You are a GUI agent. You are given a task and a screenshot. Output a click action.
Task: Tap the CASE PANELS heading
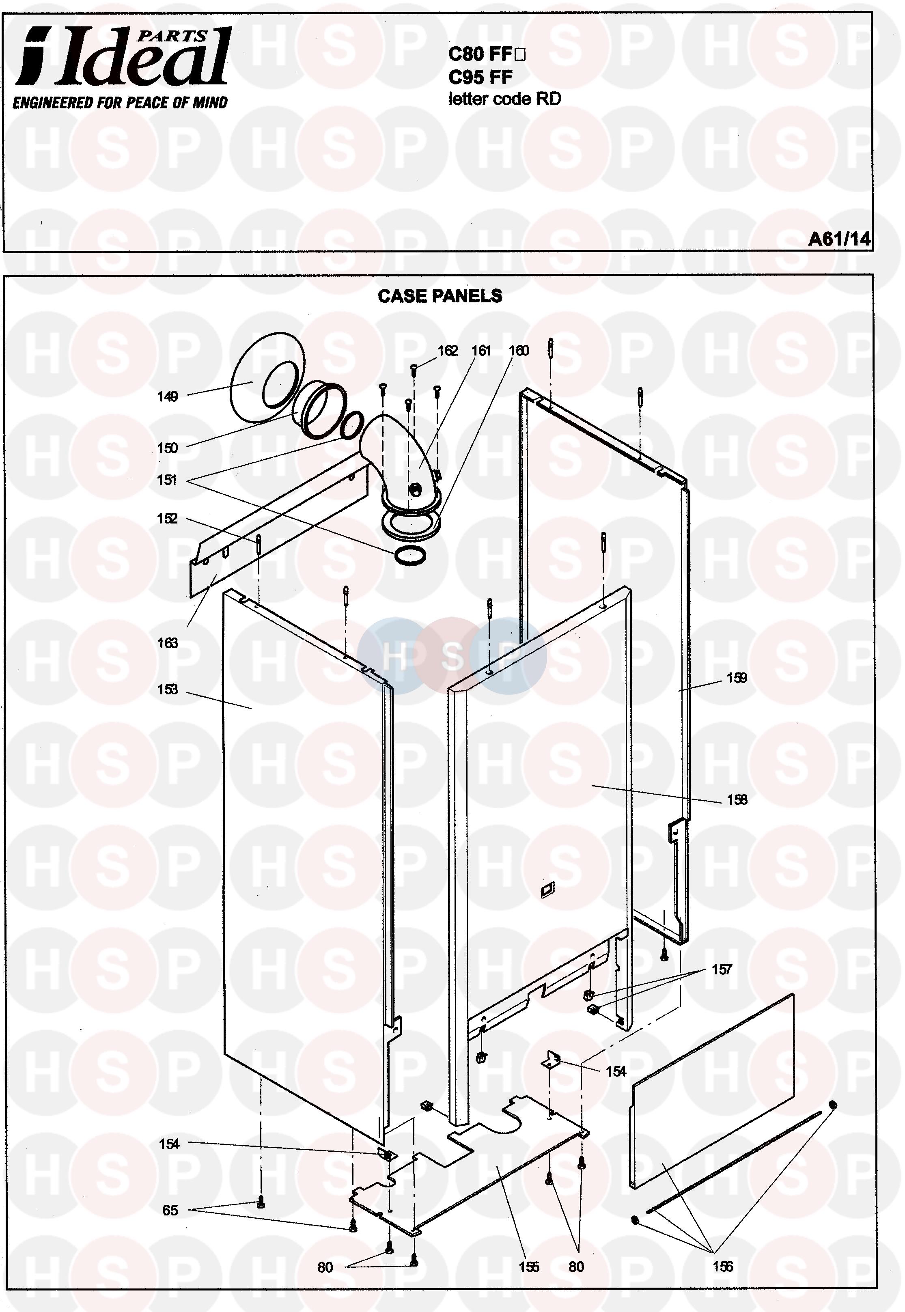440,296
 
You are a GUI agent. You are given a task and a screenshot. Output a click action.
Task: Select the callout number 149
167,397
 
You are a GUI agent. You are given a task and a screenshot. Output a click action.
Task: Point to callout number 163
167,643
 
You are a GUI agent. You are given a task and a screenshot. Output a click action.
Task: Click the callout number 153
167,689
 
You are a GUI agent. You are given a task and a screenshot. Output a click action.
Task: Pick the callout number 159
737,678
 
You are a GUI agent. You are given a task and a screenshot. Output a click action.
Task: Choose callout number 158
737,800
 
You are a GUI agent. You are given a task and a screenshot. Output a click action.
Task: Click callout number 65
170,1211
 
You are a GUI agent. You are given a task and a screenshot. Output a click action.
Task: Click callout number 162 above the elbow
447,351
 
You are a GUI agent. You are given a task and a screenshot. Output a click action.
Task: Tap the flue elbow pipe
397,448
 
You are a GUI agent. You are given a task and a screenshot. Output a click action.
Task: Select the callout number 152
167,519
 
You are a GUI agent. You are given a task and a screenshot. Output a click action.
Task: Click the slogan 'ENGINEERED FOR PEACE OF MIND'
120,103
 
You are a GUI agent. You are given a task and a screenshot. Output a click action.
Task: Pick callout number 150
167,448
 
